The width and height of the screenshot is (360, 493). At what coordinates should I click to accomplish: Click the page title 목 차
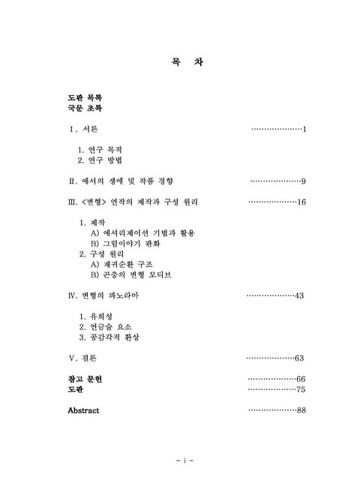(x=182, y=62)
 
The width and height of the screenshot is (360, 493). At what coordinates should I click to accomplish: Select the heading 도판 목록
(x=85, y=98)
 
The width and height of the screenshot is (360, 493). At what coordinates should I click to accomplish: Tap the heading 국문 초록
(x=85, y=109)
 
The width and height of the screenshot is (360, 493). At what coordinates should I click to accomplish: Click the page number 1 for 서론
(x=305, y=131)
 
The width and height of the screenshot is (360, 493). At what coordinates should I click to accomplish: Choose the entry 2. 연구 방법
(x=100, y=161)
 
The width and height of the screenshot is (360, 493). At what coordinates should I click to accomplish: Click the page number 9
(x=303, y=182)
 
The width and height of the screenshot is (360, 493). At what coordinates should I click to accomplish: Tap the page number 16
(x=301, y=203)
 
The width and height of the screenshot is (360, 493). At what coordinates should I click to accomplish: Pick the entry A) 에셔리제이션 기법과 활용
(x=142, y=234)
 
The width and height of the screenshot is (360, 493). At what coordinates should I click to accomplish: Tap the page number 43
(x=298, y=296)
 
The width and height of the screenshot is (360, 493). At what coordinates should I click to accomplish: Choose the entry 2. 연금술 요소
(x=105, y=327)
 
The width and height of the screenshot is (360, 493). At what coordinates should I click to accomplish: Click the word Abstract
(x=83, y=410)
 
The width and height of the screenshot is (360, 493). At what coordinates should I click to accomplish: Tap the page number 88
(x=301, y=410)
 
